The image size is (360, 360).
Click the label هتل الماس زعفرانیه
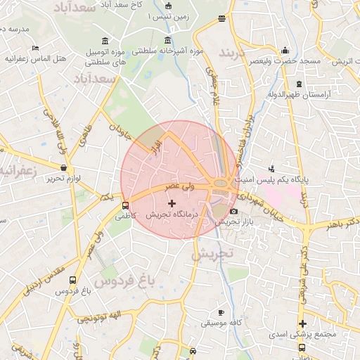pos(36,58)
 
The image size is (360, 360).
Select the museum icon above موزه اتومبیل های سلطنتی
pos(105,41)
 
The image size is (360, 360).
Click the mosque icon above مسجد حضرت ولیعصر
pos(285,51)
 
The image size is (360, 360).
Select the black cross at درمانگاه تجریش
pos(172,203)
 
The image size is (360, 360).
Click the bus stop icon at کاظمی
pos(125,206)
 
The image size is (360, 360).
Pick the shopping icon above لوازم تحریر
pos(65,169)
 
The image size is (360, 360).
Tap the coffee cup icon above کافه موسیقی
pos(221,312)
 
